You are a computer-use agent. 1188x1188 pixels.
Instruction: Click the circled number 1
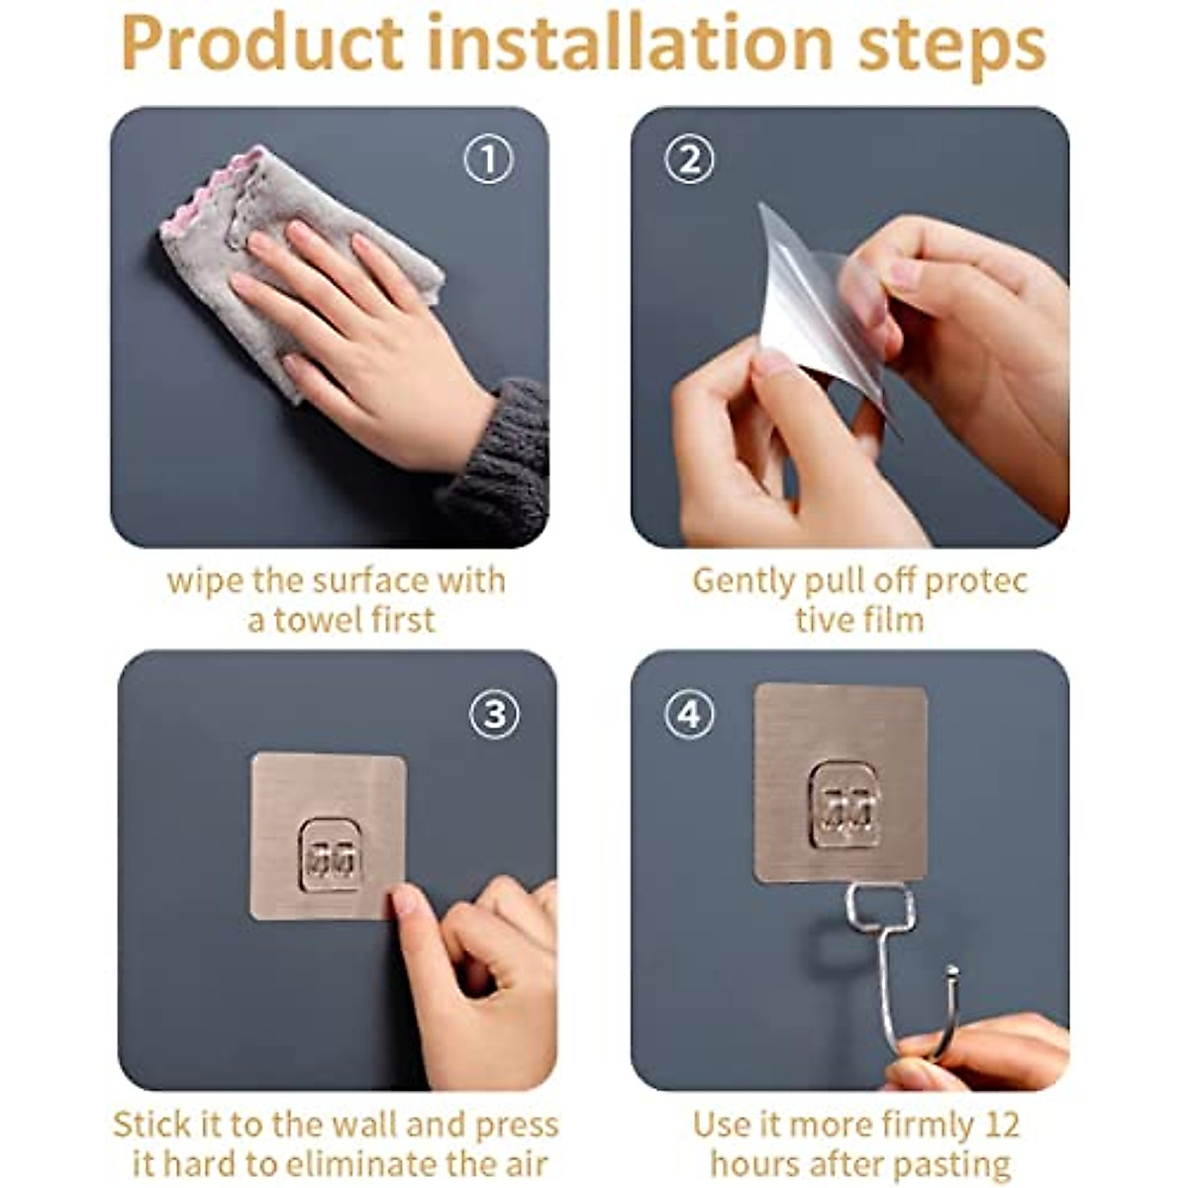coord(489,159)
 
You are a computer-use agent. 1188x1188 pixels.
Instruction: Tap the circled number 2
coord(689,159)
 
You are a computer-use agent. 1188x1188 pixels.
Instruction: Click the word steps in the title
coord(951,45)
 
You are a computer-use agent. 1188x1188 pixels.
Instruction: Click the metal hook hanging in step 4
coord(891,960)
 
